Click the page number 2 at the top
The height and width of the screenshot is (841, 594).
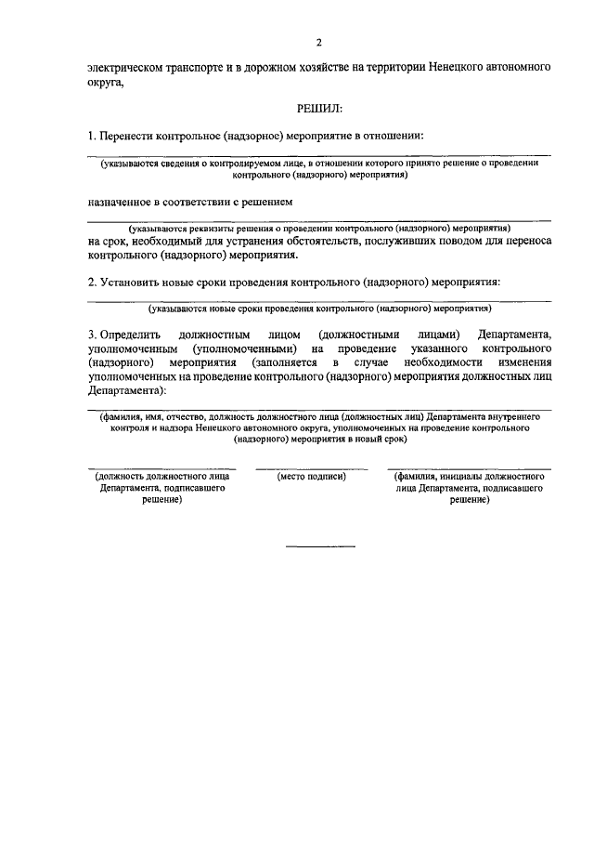[318, 43]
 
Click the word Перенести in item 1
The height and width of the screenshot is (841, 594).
[132, 136]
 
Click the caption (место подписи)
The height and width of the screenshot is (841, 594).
[312, 476]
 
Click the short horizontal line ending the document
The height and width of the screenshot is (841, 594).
[313, 545]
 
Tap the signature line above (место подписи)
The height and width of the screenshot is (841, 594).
[312, 467]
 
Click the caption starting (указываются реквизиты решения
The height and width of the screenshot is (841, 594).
[318, 228]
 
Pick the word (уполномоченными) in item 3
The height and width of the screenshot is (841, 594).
[244, 348]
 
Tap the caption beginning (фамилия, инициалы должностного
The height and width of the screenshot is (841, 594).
[469, 487]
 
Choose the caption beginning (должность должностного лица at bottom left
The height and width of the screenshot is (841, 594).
[155, 487]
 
